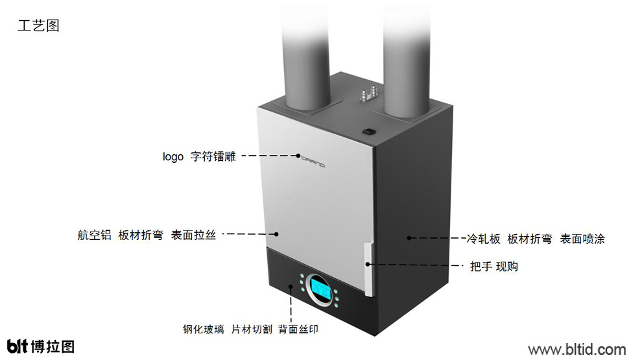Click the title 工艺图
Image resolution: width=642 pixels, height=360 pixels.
point(38,25)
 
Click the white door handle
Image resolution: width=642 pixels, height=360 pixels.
point(369,269)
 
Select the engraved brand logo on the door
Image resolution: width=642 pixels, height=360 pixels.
point(313,161)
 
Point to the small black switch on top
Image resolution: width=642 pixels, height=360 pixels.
point(368,132)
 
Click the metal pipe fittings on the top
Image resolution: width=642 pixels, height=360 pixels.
point(367,94)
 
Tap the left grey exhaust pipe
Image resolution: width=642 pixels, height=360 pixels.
point(305,56)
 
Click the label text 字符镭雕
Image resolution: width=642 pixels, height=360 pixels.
point(213,156)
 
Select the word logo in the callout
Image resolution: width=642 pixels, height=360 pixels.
point(172,157)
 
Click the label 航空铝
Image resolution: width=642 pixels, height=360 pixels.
point(94,235)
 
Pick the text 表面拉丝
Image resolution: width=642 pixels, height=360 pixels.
point(193,235)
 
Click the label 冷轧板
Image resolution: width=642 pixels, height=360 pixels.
point(484,239)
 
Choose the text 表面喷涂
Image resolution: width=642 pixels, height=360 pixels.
point(582,239)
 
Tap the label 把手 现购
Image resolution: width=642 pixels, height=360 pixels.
point(493,267)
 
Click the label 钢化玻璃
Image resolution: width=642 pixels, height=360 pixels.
point(204,330)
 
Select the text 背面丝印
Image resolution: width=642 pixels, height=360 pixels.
point(298,330)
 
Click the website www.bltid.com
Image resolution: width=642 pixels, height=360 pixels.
point(577,350)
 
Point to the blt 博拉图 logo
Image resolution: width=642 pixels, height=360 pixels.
point(41,346)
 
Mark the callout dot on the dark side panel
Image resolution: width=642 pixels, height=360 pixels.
point(409,237)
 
